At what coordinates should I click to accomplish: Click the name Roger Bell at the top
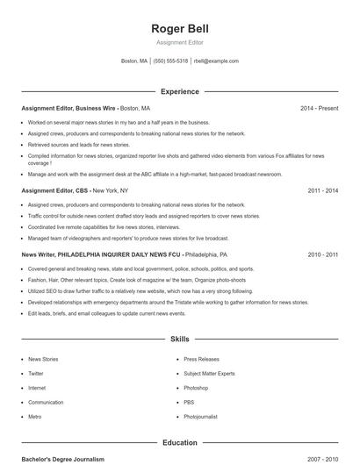pyautogui.click(x=179, y=28)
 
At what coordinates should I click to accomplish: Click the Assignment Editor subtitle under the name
pyautogui.click(x=179, y=42)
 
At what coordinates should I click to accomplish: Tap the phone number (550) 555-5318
pyautogui.click(x=170, y=61)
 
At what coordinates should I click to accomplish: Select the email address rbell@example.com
pyautogui.click(x=216, y=61)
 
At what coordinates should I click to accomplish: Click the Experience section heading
pyautogui.click(x=179, y=91)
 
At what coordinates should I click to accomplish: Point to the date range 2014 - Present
pyautogui.click(x=319, y=108)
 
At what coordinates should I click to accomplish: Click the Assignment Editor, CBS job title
pyautogui.click(x=55, y=190)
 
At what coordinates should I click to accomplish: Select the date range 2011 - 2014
pyautogui.click(x=322, y=190)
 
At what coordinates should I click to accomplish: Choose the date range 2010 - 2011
pyautogui.click(x=322, y=254)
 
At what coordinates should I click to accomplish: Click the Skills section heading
pyautogui.click(x=179, y=338)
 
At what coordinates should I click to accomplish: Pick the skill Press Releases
pyautogui.click(x=202, y=359)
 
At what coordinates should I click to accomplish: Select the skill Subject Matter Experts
pyautogui.click(x=209, y=373)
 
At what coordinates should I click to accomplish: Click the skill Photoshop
pyautogui.click(x=196, y=388)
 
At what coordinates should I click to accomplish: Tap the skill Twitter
pyautogui.click(x=36, y=373)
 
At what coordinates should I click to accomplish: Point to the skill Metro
pyautogui.click(x=35, y=417)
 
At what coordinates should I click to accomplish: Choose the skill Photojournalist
pyautogui.click(x=201, y=417)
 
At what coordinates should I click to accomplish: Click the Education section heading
pyautogui.click(x=179, y=443)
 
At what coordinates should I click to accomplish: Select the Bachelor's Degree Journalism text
pyautogui.click(x=62, y=459)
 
